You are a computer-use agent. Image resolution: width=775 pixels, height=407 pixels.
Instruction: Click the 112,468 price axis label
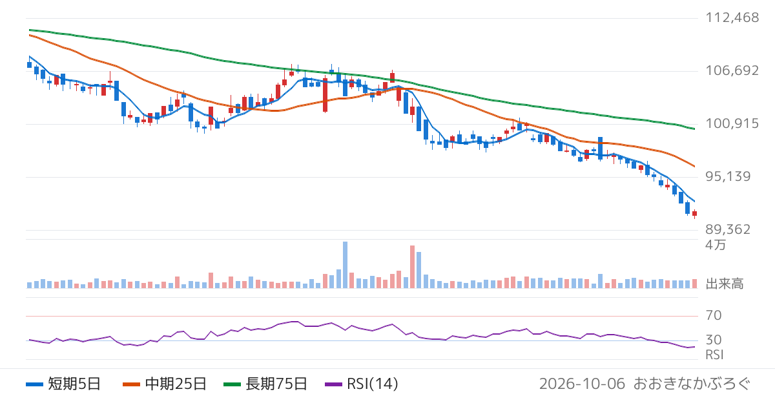click(732, 17)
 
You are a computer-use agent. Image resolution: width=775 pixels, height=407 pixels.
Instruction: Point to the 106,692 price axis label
click(732, 70)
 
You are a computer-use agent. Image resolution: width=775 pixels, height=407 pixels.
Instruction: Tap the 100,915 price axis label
click(732, 123)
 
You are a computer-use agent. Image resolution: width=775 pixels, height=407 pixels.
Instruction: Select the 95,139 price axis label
click(728, 176)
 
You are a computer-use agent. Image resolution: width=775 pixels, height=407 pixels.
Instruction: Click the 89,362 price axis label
click(728, 229)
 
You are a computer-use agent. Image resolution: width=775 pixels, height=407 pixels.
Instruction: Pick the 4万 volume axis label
click(716, 245)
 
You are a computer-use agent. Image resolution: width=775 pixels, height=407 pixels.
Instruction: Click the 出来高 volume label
click(725, 284)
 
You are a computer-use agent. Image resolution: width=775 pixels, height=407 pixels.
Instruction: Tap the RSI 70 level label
click(714, 315)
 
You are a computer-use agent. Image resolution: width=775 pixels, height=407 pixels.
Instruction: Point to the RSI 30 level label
click(714, 340)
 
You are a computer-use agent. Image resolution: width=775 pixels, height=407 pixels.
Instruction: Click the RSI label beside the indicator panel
click(714, 355)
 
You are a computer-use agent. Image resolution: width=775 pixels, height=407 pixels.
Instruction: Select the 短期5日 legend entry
click(63, 384)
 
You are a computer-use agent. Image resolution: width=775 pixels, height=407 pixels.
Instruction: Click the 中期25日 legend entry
click(165, 384)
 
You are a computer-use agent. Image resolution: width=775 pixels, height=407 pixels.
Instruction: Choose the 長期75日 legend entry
click(265, 384)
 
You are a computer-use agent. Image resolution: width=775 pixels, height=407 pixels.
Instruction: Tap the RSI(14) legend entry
click(362, 384)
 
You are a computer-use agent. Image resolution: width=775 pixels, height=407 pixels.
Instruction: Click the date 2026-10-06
click(582, 384)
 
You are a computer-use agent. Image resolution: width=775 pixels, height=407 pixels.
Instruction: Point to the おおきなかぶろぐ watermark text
click(692, 384)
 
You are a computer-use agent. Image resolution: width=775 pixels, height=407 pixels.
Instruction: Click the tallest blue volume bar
click(345, 265)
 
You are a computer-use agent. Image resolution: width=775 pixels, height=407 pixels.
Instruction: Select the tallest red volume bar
click(412, 267)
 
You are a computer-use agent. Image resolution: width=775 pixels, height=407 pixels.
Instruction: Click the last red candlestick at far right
click(694, 214)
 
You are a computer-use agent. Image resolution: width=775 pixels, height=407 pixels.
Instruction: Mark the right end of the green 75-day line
click(694, 129)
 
